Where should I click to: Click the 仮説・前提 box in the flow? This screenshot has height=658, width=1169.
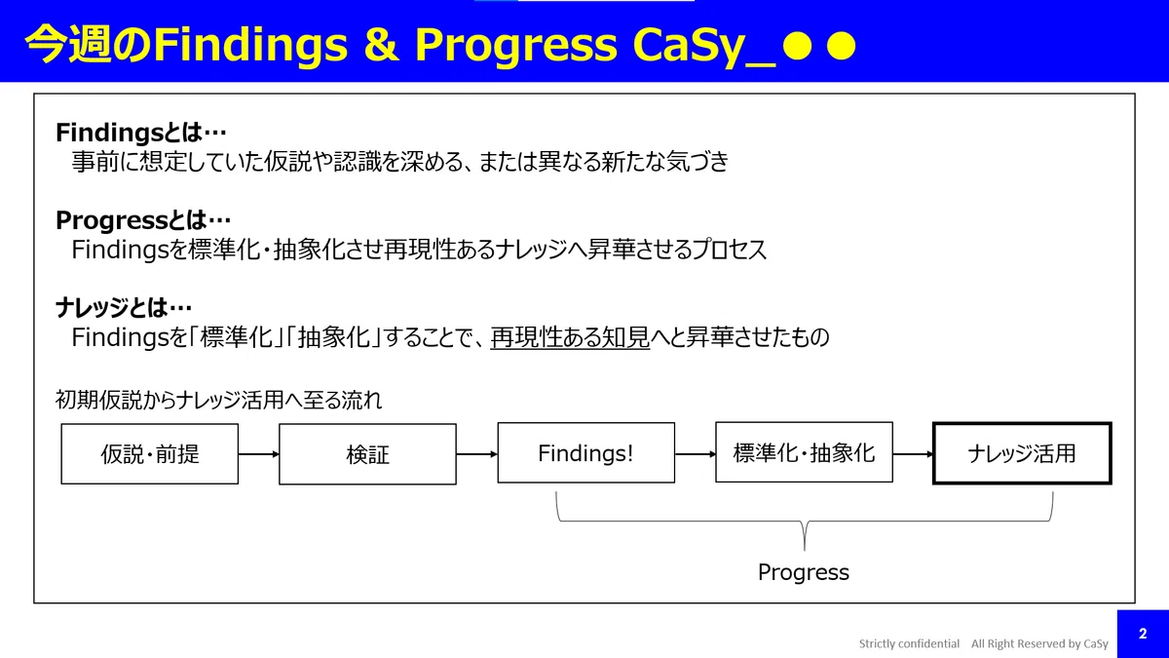(x=150, y=454)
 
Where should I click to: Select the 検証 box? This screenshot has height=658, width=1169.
(x=367, y=454)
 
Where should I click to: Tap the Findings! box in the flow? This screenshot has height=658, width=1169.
(x=586, y=452)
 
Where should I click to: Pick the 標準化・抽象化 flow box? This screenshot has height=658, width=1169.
(x=805, y=452)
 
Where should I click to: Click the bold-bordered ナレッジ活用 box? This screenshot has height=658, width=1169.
(x=1022, y=453)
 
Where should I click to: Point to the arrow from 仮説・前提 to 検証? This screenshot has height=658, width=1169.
(x=259, y=454)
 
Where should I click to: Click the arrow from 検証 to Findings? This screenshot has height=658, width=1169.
(x=477, y=454)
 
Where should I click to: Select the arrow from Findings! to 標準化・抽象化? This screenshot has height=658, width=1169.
(x=696, y=454)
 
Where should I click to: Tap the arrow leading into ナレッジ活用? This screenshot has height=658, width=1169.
(x=913, y=454)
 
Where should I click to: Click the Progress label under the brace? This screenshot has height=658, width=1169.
(x=804, y=573)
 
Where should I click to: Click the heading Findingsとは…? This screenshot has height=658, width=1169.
(x=141, y=133)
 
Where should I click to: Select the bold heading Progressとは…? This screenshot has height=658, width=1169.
(x=143, y=220)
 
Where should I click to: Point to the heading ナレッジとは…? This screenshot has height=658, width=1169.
(x=124, y=308)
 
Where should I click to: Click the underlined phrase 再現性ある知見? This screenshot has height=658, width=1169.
(x=570, y=337)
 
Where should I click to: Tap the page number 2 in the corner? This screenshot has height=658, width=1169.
(x=1143, y=634)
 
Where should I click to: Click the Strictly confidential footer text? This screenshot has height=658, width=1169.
(x=909, y=643)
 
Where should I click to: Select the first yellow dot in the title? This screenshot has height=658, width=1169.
(x=798, y=46)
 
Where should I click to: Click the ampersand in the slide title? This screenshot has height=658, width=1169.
(x=381, y=44)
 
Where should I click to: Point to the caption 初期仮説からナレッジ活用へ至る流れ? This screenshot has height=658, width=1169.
(x=218, y=401)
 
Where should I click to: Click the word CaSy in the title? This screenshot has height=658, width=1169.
(x=688, y=46)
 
